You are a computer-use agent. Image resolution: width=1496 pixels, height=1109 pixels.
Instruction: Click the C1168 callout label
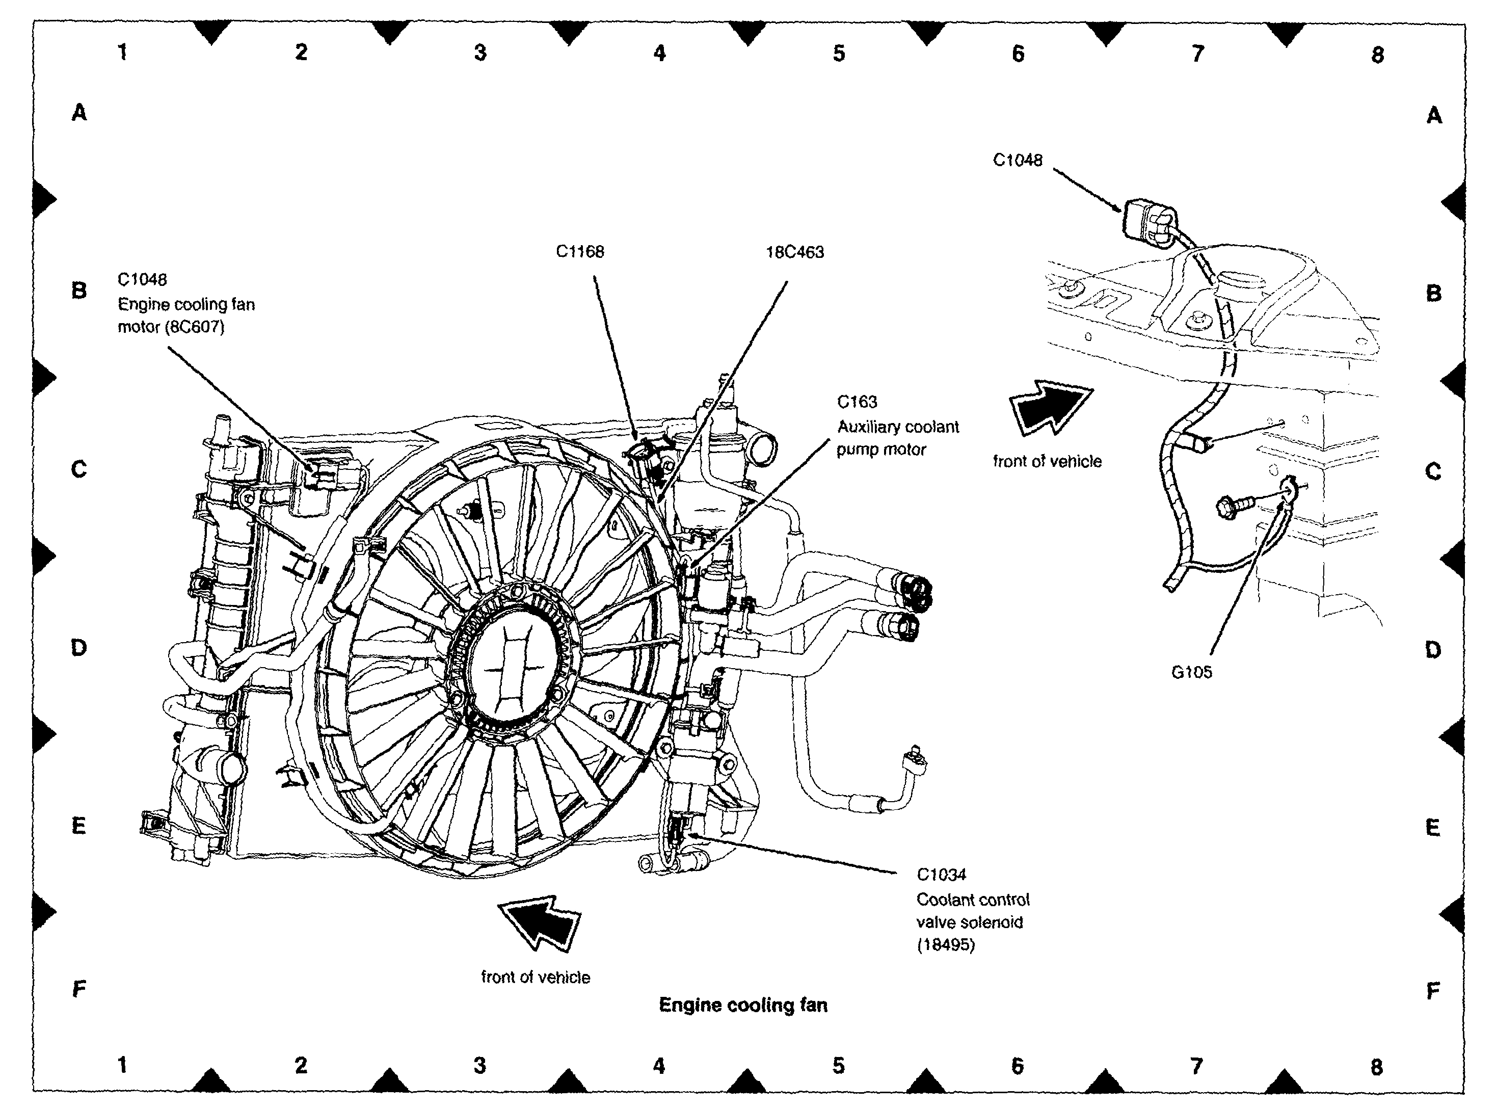click(580, 252)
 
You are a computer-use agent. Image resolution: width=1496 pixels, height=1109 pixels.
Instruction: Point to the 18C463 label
click(795, 252)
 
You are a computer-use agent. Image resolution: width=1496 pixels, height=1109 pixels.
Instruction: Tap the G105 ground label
click(1191, 672)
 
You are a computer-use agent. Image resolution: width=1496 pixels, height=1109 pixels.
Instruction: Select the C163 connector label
click(857, 402)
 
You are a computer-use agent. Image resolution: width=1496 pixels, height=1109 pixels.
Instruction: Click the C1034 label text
click(942, 875)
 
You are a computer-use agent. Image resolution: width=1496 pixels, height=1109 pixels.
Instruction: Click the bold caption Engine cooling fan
click(743, 1005)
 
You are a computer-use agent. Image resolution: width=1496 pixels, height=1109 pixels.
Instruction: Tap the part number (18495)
click(945, 945)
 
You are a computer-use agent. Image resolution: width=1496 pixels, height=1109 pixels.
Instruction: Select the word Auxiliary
click(865, 427)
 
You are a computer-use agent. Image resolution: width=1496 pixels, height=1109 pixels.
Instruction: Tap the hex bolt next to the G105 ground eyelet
click(1236, 505)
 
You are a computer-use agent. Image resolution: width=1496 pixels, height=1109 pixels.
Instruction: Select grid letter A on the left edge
click(79, 112)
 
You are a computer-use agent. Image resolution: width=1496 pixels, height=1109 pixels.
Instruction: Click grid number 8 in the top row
click(1377, 55)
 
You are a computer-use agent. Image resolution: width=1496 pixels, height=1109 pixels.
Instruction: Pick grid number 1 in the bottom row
click(122, 1065)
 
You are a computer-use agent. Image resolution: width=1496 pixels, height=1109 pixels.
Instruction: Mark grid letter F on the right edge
click(1433, 990)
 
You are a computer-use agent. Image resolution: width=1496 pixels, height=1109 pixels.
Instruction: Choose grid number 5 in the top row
click(839, 54)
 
